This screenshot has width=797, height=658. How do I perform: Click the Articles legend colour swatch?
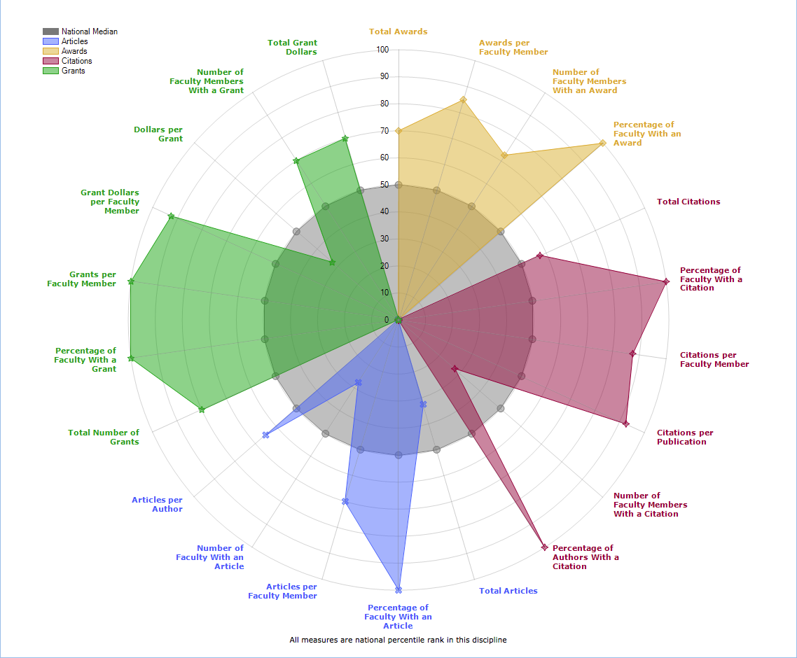[x=50, y=41]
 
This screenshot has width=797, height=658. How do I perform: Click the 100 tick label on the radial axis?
[x=382, y=50]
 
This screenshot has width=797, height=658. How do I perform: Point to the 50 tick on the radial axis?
[x=384, y=185]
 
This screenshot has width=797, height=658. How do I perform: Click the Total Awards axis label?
[x=398, y=31]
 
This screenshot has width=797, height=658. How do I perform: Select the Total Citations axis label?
[x=688, y=202]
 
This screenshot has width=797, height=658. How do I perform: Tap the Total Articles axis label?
[x=508, y=591]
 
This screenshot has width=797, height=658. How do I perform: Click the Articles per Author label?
[x=157, y=505]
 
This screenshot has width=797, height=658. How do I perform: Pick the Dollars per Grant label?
[x=158, y=134]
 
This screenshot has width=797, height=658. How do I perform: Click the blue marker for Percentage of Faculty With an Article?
[x=398, y=590]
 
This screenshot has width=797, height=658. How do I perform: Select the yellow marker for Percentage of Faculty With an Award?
[x=602, y=143]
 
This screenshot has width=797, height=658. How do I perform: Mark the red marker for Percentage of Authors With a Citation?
[x=544, y=547]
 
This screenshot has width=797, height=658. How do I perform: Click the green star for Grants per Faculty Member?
[x=131, y=281]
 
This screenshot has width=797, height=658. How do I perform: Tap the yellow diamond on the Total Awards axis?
[x=398, y=131]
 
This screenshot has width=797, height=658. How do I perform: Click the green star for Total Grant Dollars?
[x=345, y=139]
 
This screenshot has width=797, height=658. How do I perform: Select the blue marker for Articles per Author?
[x=265, y=435]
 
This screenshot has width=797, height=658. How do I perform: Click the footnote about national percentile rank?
[x=398, y=640]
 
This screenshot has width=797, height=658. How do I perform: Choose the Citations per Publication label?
[x=685, y=437]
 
